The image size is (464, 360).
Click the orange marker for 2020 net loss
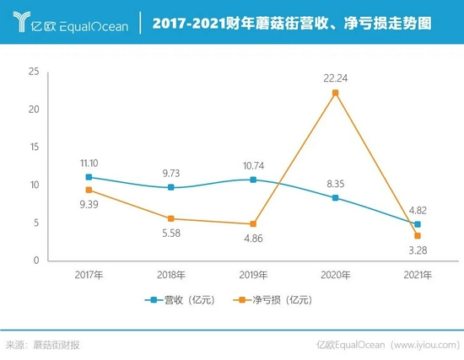point(335,93)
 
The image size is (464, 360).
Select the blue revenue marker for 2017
point(89,177)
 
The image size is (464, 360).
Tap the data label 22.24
point(335,78)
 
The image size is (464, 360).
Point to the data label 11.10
point(89,162)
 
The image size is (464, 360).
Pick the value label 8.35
point(335,182)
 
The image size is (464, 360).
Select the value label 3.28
point(417,250)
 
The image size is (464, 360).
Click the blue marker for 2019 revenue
point(253,180)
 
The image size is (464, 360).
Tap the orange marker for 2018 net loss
point(171,218)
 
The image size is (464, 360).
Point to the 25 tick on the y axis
point(34,72)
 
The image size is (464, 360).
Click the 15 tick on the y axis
point(34,147)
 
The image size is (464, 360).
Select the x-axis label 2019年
point(253,275)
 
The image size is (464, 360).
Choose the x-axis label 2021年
point(417,275)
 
